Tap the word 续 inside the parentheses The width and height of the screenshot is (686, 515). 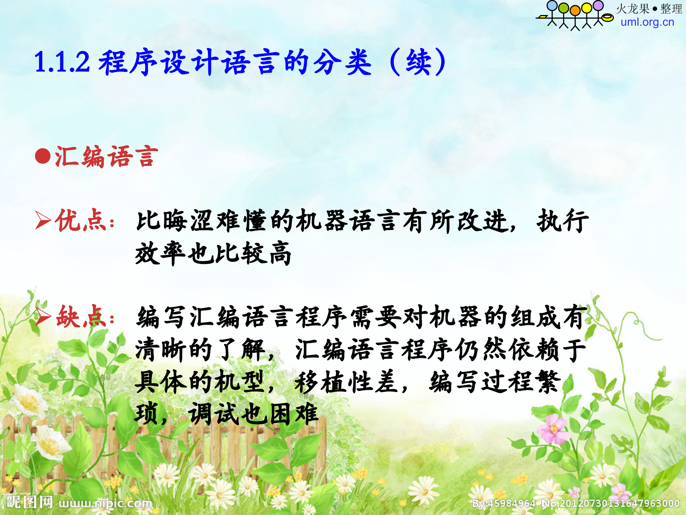click(418, 62)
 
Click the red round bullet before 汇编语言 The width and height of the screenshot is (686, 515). click(43, 156)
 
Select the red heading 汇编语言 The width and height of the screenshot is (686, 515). click(106, 156)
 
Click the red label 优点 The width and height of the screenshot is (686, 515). click(80, 220)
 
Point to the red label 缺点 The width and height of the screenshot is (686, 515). click(81, 317)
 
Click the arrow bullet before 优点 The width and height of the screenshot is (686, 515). click(43, 220)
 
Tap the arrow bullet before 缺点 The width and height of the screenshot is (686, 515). click(43, 317)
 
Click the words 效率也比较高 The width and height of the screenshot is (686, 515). click(213, 253)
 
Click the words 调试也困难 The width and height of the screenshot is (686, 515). click(253, 414)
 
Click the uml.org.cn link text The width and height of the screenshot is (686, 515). click(647, 22)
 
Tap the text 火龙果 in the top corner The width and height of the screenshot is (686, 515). click(633, 9)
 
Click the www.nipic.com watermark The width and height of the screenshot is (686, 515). click(106, 504)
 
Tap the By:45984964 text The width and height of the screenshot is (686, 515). click(503, 504)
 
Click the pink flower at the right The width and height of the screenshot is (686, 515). click(553, 428)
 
